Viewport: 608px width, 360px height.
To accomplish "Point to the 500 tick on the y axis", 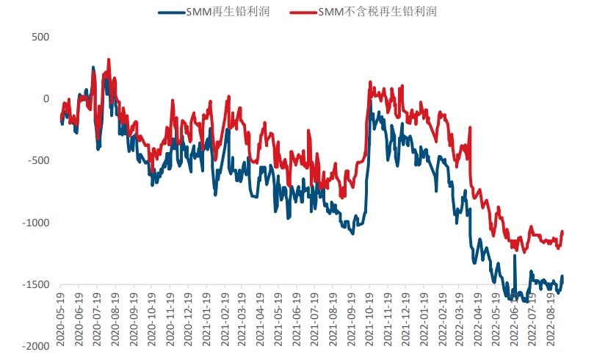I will [40, 37].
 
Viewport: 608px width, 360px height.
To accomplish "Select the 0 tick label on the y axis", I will [46, 98].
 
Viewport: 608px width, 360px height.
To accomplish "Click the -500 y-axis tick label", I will [38, 161].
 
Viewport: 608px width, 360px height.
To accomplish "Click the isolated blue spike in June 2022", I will [514, 256].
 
